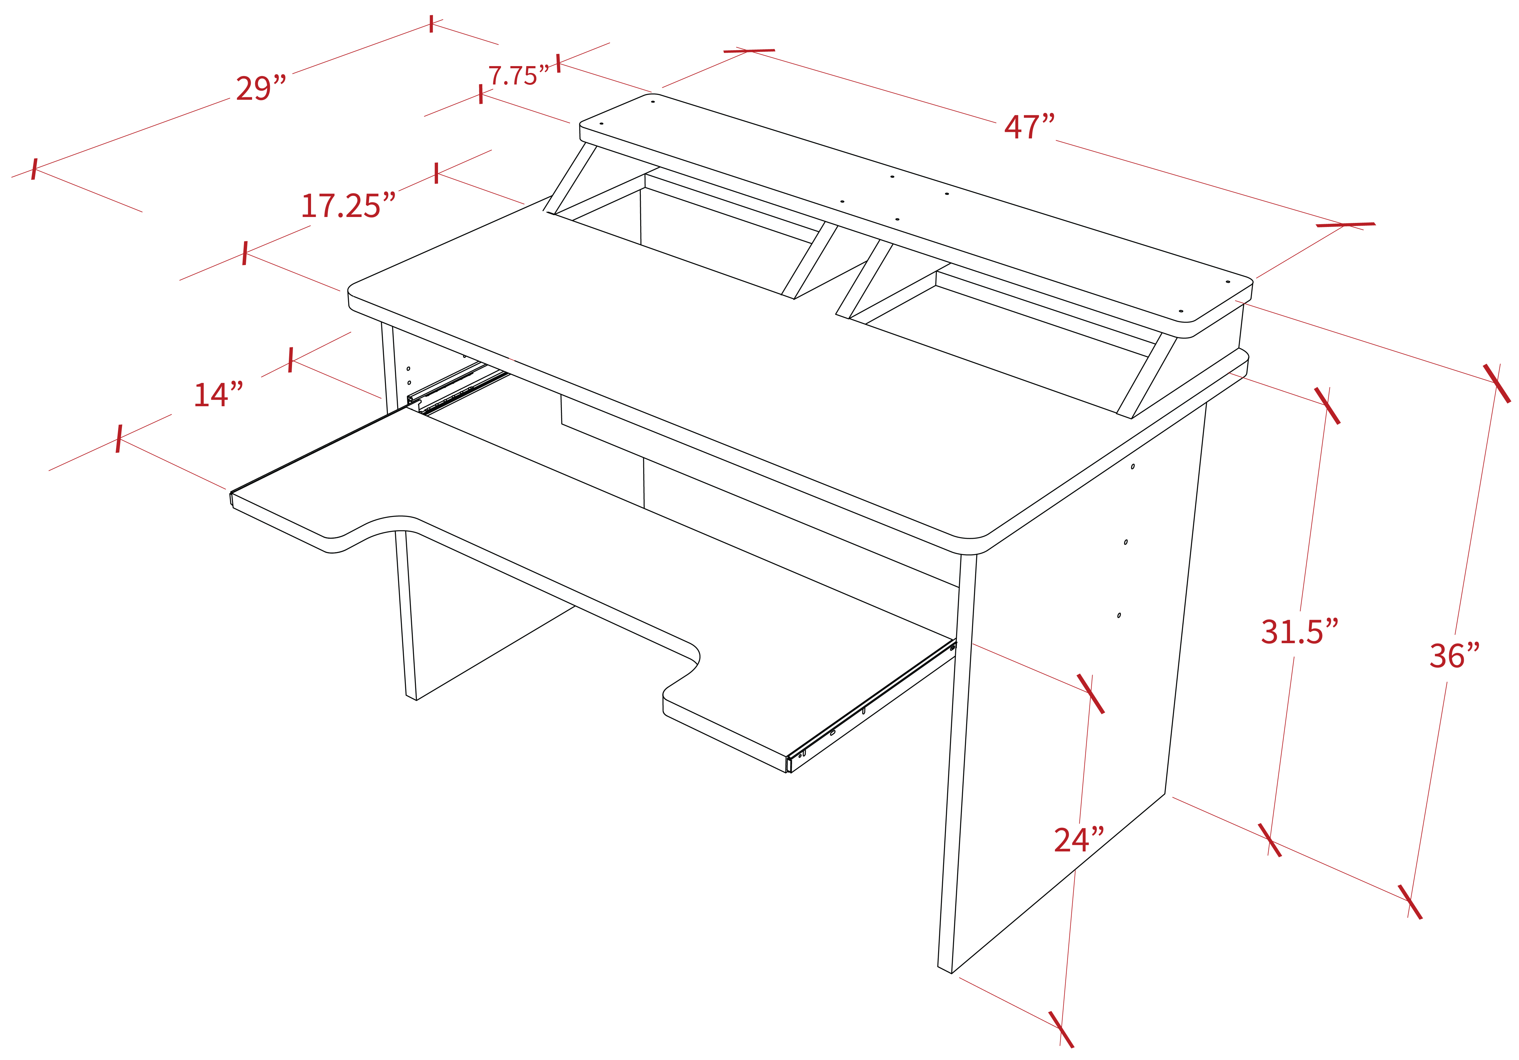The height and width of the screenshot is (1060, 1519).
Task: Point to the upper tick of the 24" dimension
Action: click(x=1090, y=694)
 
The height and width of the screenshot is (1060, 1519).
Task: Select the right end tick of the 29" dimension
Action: click(x=432, y=24)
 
